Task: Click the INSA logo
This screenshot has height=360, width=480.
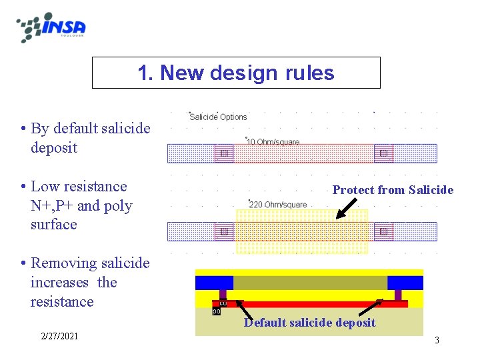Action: [x=52, y=27]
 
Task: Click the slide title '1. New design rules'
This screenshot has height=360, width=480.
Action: [x=236, y=73]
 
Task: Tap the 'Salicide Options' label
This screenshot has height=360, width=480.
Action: [x=218, y=117]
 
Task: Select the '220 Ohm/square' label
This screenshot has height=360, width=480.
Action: [x=278, y=204]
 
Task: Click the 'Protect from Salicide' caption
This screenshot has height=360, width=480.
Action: [x=393, y=190]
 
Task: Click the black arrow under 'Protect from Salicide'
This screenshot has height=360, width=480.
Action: [x=346, y=209]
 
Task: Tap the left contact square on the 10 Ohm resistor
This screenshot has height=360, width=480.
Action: [x=224, y=153]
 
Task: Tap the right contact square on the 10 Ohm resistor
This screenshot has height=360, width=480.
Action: [x=383, y=153]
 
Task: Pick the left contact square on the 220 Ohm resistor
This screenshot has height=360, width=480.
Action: [x=224, y=231]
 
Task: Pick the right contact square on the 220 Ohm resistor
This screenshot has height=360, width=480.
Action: [x=383, y=231]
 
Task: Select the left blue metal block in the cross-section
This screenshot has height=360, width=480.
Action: [x=214, y=282]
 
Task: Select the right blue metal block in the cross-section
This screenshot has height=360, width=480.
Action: [x=405, y=282]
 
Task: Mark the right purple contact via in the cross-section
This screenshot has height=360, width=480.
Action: [x=398, y=295]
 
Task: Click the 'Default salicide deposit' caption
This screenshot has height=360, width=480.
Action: [x=309, y=323]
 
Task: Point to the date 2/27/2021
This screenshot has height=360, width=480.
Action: [x=59, y=336]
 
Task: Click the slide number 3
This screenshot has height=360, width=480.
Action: [x=437, y=340]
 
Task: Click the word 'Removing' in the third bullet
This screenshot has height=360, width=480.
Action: [x=61, y=263]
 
